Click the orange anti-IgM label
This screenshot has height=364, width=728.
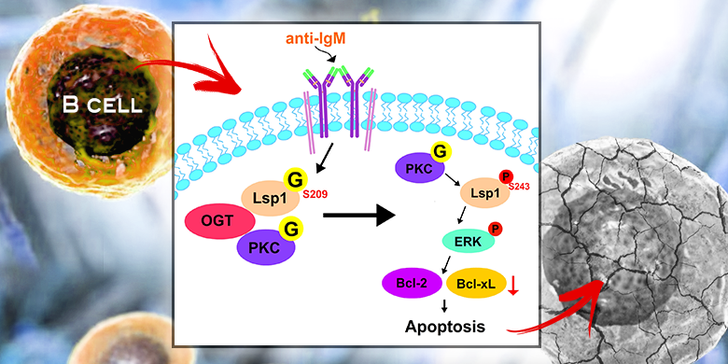click(x=315, y=39)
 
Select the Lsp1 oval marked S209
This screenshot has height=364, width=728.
click(x=271, y=198)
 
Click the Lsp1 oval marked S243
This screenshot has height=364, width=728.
click(x=484, y=193)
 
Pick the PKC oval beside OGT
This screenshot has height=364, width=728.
click(x=266, y=247)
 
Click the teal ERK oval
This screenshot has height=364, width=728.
click(x=469, y=240)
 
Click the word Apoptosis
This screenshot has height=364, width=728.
click(x=445, y=326)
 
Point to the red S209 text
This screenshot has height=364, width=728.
click(x=315, y=194)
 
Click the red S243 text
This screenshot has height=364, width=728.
click(x=520, y=187)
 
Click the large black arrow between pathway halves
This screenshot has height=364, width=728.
click(x=359, y=216)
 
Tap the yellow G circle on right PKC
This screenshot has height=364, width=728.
click(x=439, y=153)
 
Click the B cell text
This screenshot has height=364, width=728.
click(x=102, y=105)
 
